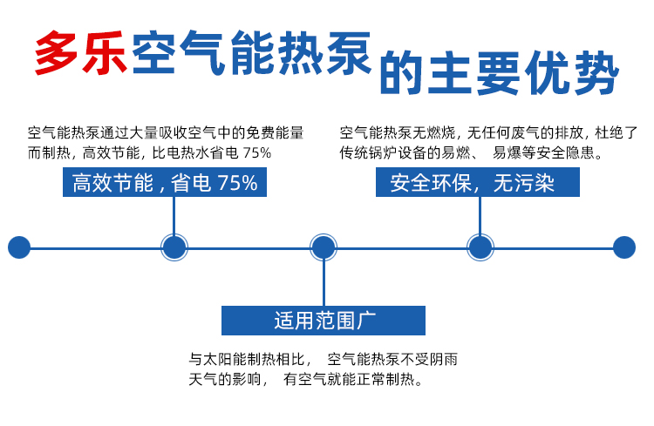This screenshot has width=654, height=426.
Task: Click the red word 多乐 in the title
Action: [81, 54]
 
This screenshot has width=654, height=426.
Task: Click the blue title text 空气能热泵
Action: [252, 54]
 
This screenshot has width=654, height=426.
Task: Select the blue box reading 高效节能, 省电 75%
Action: [165, 183]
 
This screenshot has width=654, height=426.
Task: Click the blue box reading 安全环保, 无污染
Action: [478, 183]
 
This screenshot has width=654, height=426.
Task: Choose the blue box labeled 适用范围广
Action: [324, 320]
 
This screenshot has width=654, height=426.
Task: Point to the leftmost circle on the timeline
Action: [19, 247]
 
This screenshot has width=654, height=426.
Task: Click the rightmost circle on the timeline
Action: [624, 247]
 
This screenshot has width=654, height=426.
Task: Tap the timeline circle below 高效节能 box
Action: [174, 247]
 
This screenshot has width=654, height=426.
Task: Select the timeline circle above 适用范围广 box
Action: [324, 247]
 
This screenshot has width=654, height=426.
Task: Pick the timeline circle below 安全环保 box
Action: [480, 247]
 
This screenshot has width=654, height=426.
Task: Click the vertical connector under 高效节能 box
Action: [174, 215]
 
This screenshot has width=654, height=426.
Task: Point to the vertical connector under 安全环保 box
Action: [480, 215]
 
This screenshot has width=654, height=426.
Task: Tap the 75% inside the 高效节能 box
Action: [237, 183]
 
